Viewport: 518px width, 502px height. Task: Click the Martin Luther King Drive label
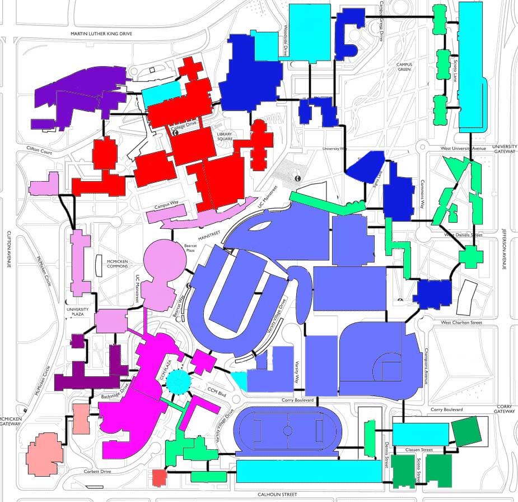click(101, 34)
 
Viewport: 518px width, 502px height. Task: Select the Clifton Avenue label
click(9, 250)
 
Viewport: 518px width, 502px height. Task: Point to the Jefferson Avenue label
click(503, 250)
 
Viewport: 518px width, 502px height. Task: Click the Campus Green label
click(404, 68)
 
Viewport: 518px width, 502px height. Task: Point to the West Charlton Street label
click(461, 323)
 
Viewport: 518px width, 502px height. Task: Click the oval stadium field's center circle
click(287, 431)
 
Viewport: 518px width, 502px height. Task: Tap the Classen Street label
click(420, 450)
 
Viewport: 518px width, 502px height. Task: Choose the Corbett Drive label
click(98, 472)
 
